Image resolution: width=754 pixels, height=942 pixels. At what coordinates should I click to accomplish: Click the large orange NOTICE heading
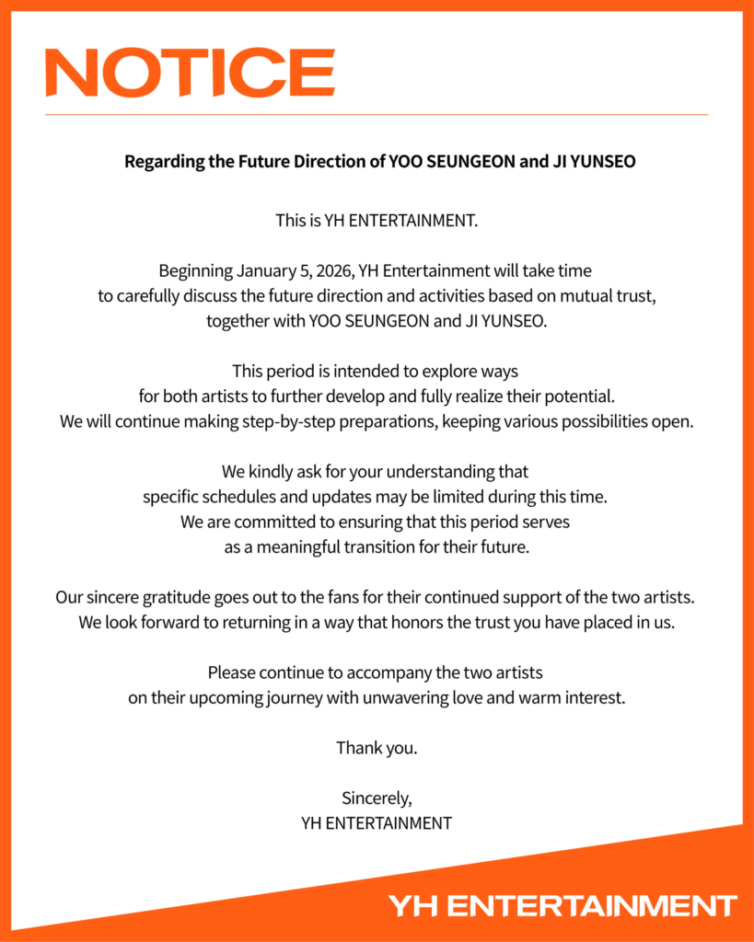[190, 73]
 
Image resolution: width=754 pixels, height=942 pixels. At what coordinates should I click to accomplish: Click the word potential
[578, 396]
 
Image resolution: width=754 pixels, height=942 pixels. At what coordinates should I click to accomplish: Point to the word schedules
[233, 498]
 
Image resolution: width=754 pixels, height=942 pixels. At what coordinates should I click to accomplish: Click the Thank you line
[377, 748]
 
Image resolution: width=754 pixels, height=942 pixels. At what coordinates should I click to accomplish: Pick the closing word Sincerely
[377, 798]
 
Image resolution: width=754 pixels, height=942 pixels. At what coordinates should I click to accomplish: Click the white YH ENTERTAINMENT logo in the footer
[562, 905]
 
